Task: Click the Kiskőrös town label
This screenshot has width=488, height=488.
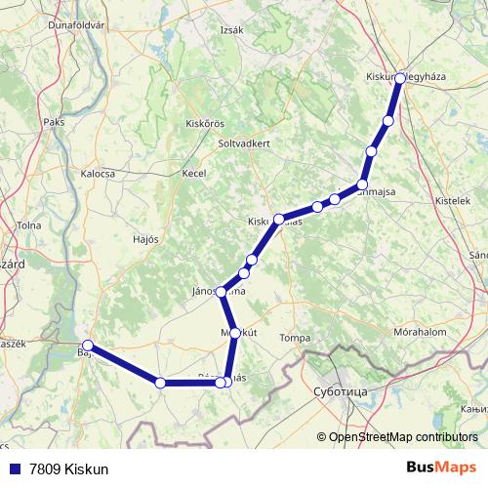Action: (205, 124)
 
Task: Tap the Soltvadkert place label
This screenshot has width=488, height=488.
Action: (245, 142)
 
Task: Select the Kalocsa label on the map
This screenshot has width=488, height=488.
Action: (98, 173)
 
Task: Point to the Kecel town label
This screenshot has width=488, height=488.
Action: (194, 173)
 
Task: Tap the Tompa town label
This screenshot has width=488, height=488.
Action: (295, 338)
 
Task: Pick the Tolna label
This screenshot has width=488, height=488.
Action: (28, 225)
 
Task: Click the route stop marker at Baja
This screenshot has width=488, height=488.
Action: (88, 346)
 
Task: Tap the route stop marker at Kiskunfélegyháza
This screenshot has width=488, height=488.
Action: (400, 76)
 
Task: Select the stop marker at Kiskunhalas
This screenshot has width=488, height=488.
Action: (279, 220)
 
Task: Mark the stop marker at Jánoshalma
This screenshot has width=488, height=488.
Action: (222, 292)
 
